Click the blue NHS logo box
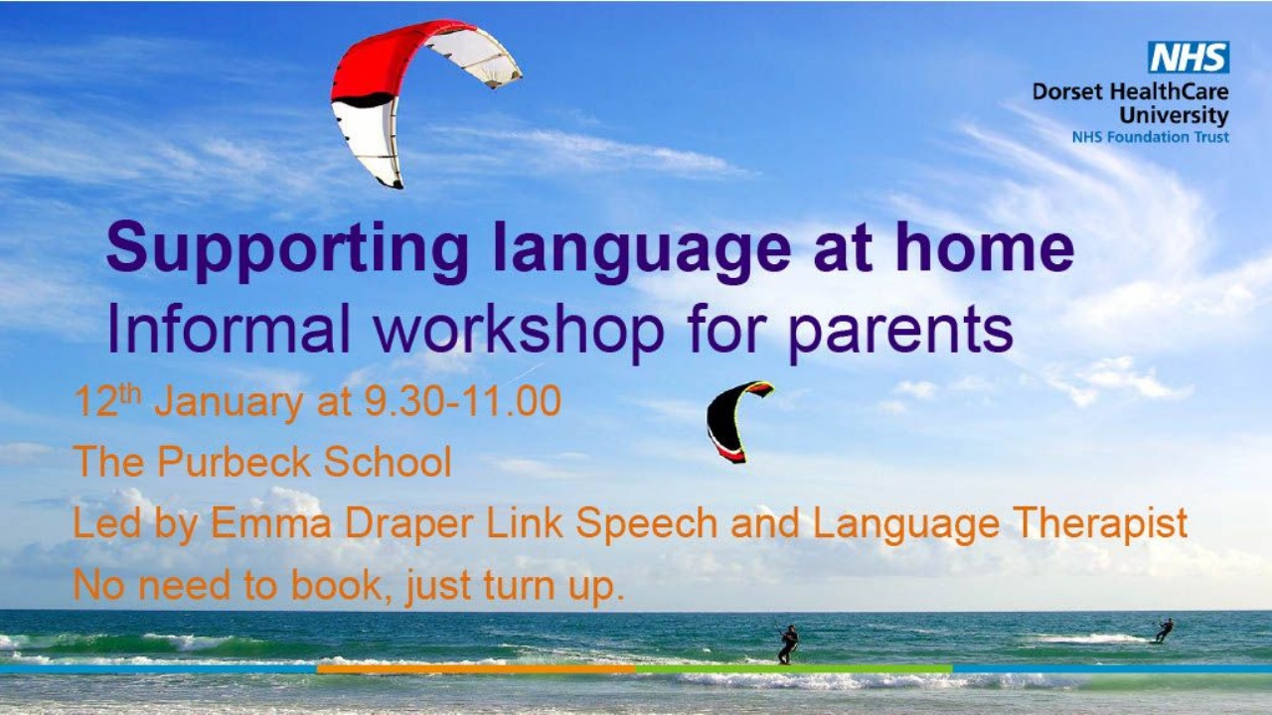1189,57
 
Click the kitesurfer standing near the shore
788,644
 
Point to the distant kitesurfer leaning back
1163,631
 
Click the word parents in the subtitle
900,334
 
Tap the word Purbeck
234,462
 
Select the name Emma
271,522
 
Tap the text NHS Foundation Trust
1151,137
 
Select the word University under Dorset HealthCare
1174,115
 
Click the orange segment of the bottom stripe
476,669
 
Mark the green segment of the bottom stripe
794,669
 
